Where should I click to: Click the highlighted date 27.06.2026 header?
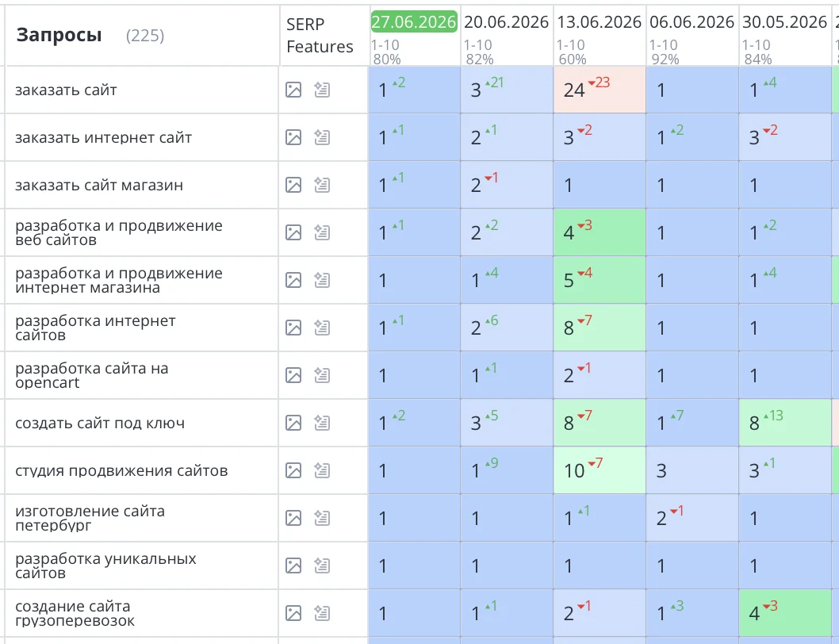(414, 21)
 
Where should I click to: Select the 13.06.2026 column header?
(600, 22)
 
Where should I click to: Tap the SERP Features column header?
(320, 36)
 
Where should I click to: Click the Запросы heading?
(59, 36)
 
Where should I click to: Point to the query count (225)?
(145, 36)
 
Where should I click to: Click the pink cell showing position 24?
(600, 90)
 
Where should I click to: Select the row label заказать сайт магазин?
(99, 186)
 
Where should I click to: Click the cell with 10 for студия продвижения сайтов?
(600, 470)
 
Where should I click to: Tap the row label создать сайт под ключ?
(100, 423)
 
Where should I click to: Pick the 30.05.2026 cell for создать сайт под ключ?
(785, 423)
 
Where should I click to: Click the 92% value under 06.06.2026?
(665, 59)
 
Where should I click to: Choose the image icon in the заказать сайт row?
(293, 90)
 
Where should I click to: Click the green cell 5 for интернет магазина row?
(600, 280)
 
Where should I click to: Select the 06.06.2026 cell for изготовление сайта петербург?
(692, 518)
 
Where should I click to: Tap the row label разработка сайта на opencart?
(91, 375)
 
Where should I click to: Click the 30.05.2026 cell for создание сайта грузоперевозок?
(785, 613)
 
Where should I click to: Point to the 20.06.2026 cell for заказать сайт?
(507, 90)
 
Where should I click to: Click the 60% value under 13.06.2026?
(573, 59)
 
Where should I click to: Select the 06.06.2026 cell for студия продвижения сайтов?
(692, 470)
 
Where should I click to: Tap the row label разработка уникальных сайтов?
(105, 565)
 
